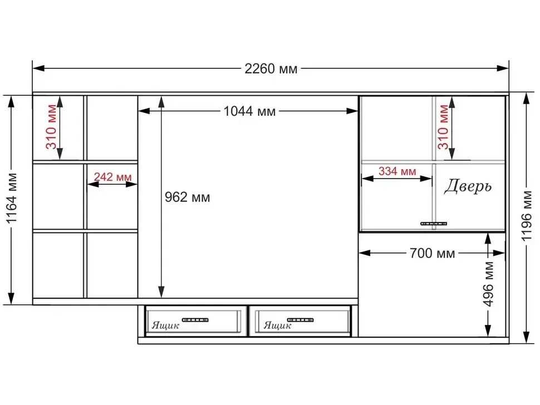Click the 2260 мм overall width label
271,69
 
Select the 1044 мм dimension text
250,111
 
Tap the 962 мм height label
188,197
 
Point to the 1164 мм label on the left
12,198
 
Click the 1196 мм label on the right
527,216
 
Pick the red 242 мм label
112,177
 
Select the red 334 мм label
397,171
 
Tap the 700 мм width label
432,253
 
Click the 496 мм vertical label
488,284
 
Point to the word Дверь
468,186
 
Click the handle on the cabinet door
434,224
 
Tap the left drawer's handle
195,320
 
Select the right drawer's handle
300,320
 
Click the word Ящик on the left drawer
165,325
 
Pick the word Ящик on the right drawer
277,325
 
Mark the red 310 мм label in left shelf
51,127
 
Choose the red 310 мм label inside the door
443,127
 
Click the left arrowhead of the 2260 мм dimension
38,68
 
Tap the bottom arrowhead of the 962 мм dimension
161,292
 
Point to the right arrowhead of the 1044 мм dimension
352,111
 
